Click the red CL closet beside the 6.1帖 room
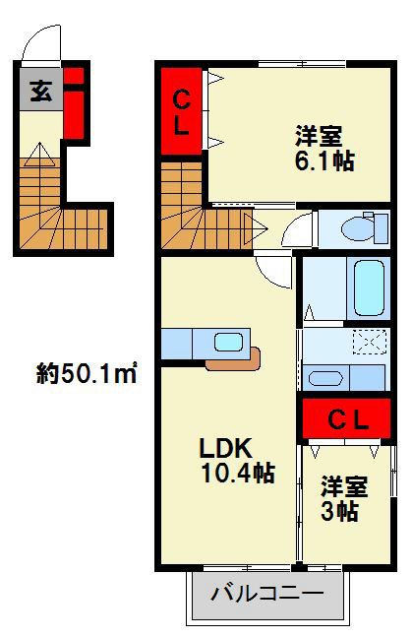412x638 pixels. [x=182, y=109]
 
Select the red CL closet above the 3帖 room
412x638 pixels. [x=348, y=420]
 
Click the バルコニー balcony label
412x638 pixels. [x=267, y=594]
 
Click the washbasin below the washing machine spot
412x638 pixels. [x=324, y=378]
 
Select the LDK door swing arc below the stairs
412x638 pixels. [x=271, y=269]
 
